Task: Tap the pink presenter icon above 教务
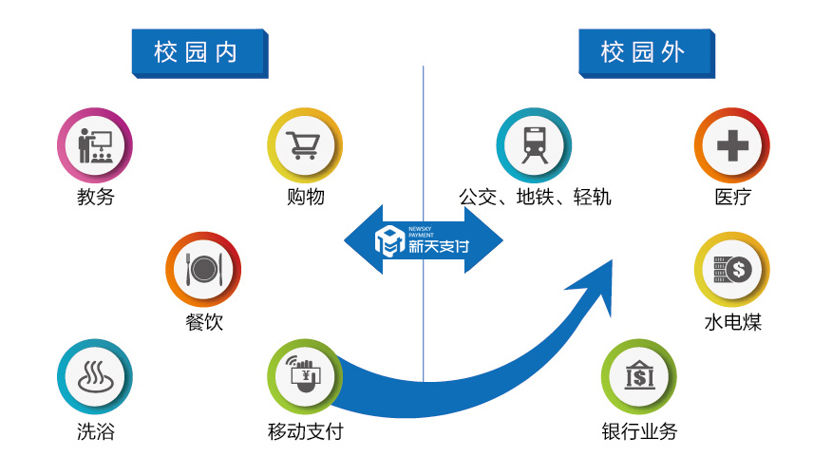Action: click(x=94, y=145)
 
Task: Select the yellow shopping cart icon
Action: click(x=304, y=145)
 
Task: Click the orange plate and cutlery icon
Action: click(x=202, y=270)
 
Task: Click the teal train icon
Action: click(x=534, y=145)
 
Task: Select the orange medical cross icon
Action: click(x=731, y=145)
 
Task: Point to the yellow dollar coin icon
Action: click(x=731, y=270)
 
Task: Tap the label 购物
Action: click(x=305, y=198)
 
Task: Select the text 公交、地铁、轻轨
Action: click(x=535, y=198)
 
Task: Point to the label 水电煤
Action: click(x=732, y=322)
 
